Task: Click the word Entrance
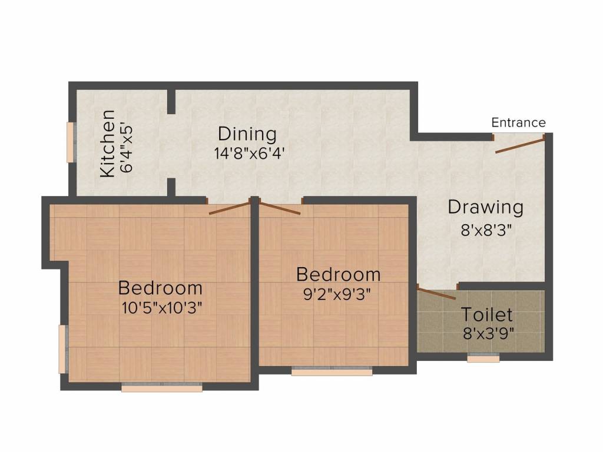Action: pos(518,122)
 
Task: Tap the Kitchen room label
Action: pos(108,144)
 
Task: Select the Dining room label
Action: pos(247,134)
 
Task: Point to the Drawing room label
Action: pos(485,207)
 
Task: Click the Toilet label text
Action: pos(486,314)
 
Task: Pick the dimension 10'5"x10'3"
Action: pos(160,308)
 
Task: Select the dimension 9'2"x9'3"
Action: pos(337,294)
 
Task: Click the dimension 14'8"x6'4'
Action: pos(250,153)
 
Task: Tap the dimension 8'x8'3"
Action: pos(485,228)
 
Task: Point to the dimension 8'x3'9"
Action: pos(489,334)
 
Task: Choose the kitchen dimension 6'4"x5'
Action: pos(127,147)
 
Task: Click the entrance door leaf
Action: pos(519,144)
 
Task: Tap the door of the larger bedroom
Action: pos(230,208)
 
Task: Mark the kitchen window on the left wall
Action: pos(71,142)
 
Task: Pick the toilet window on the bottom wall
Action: pos(483,357)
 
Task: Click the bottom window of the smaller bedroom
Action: pos(332,371)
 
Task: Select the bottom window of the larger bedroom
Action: pos(162,387)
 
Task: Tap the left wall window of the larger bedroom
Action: pos(62,349)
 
